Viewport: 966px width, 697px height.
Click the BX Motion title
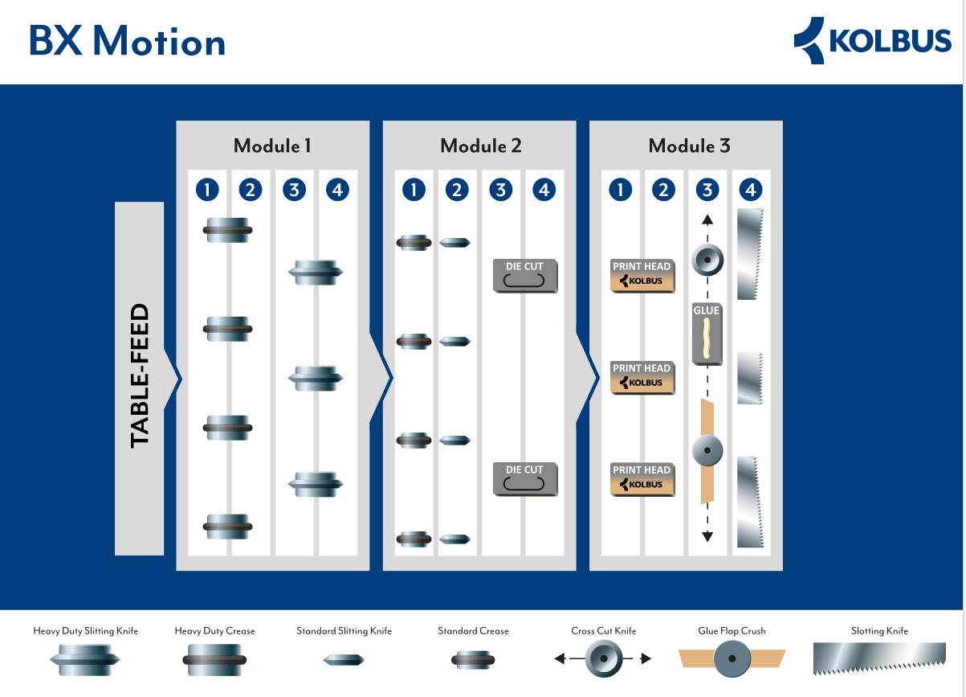127,41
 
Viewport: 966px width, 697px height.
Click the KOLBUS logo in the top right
872,40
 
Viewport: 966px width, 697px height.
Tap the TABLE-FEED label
140,375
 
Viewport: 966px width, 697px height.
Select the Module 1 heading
272,146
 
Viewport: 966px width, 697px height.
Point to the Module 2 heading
480,146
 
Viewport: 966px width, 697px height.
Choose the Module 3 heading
689,146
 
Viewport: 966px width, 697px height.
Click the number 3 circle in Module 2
501,190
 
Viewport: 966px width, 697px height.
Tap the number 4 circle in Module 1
338,190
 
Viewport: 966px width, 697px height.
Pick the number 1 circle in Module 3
621,190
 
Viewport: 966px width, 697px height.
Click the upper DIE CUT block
525,276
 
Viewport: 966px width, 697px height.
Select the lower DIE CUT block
525,478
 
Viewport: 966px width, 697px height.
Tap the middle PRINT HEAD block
642,377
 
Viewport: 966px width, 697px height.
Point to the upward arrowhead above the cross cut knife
707,219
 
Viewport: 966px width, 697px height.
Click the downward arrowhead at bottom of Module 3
707,536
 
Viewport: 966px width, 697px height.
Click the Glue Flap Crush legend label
731,631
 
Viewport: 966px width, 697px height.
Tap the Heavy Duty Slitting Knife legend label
86,631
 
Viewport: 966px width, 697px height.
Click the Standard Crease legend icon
473,660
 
